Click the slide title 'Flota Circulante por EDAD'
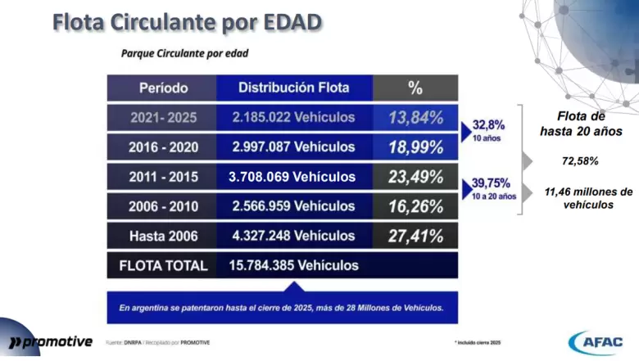(186, 22)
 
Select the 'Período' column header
(162, 88)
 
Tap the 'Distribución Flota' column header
(293, 88)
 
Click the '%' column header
(415, 88)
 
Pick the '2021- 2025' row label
(162, 118)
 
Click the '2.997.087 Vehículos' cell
(293, 147)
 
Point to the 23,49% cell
(415, 177)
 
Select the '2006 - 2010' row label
(162, 206)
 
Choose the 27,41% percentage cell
(415, 236)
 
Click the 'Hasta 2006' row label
(162, 236)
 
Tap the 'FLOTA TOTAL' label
(162, 265)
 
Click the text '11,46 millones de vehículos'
(588, 197)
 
